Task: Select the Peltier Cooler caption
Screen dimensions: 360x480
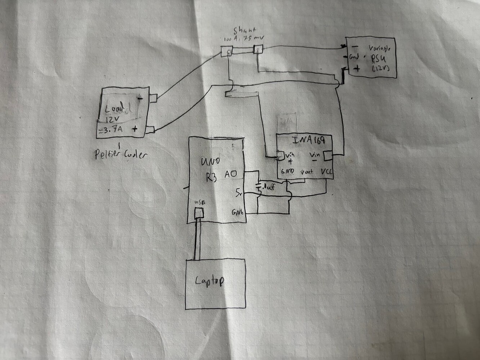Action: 121,155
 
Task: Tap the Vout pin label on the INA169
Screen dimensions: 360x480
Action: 306,172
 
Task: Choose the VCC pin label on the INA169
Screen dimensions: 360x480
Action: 326,172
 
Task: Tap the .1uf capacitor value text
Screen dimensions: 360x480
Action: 269,186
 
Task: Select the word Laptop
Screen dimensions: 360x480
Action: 209,280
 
